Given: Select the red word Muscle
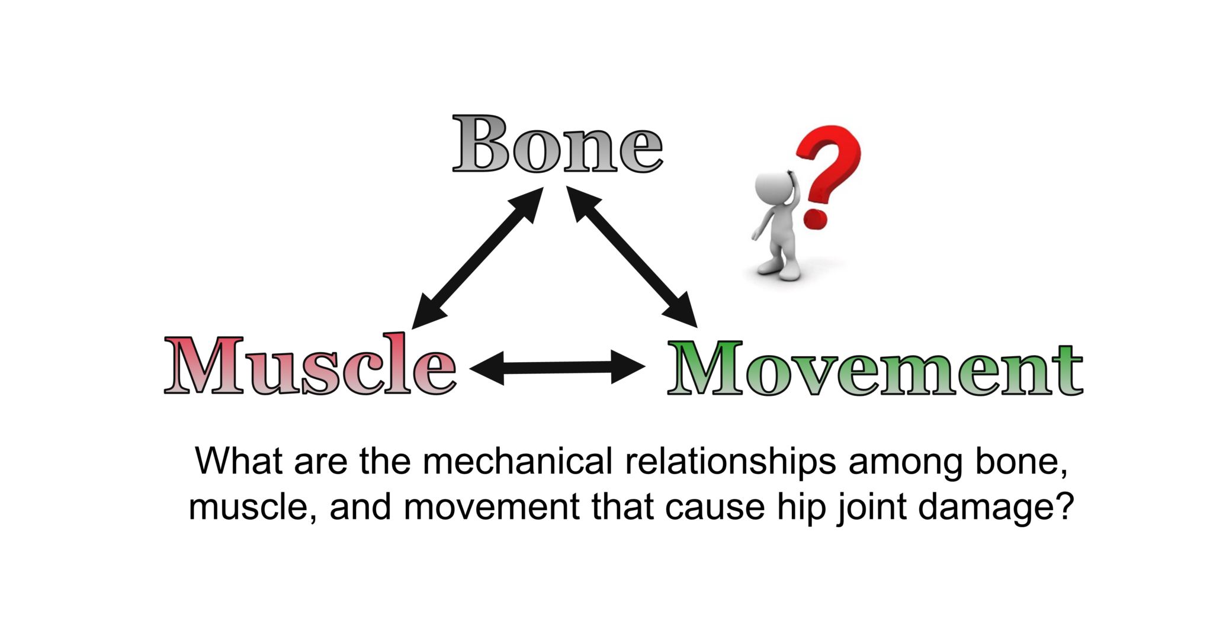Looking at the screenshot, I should (310, 365).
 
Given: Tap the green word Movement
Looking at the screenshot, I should (875, 368).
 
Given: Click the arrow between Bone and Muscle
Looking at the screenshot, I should (477, 258).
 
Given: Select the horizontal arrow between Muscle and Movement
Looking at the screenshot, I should (557, 367).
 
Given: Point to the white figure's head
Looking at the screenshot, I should (773, 188).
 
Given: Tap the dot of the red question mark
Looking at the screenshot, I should (815, 218).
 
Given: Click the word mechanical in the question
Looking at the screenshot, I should (518, 461).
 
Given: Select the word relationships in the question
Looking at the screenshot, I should (730, 462).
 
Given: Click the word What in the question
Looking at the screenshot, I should (239, 461).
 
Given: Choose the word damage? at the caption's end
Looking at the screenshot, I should (996, 508).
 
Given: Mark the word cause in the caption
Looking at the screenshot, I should (714, 508).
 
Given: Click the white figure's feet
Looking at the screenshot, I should (779, 269).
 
